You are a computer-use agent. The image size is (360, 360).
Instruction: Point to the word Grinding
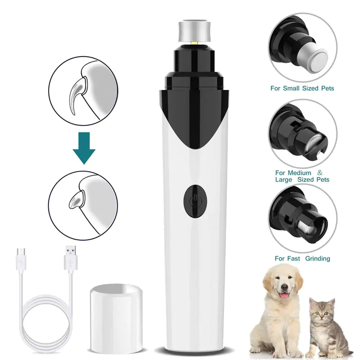pyautogui.click(x=318, y=258)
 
